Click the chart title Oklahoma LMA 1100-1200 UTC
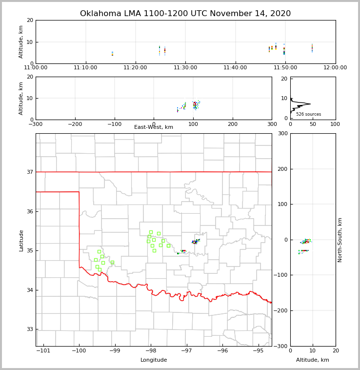pos(185,14)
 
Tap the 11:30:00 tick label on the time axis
pos(185,68)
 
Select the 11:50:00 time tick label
pos(285,68)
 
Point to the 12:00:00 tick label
pos(335,68)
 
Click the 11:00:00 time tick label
pos(36,68)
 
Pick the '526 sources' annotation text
pos(308,114)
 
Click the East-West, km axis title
pos(154,127)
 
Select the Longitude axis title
pos(154,360)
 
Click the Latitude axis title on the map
pos(21,240)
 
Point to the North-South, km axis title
pos(340,240)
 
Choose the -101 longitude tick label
pos(43,351)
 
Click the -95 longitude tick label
pos(258,351)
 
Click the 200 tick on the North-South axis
pos(282,169)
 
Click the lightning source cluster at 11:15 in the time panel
pos(112,53)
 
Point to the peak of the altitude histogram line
pos(310,103)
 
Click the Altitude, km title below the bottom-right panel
pos(313,360)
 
